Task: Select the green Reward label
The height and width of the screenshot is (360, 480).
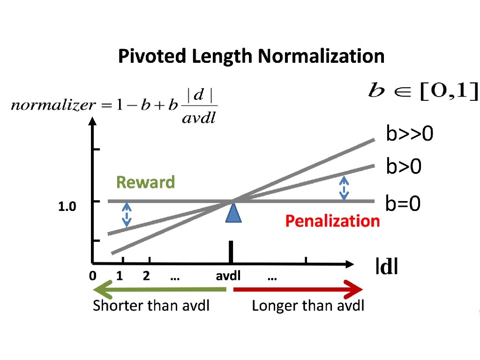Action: coord(145,182)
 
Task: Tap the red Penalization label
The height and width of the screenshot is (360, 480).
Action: coord(332,221)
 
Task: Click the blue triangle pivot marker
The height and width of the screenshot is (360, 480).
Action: coord(233,212)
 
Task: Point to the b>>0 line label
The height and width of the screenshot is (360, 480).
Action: coord(410,135)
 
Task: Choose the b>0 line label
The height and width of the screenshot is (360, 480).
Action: coord(404,166)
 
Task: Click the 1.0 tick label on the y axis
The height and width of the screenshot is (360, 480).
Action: coord(67,207)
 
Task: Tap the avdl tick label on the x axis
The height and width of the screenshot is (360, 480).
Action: coord(228,276)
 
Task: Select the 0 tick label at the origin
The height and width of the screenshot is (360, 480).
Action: coord(93,276)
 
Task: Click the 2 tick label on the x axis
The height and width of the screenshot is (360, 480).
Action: coord(146,276)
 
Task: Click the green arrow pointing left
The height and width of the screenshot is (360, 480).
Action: coord(159,289)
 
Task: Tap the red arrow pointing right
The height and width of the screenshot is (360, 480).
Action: coord(298,289)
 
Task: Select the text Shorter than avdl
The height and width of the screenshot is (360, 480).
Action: coord(151,306)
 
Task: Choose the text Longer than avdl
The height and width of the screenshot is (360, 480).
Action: coord(308,306)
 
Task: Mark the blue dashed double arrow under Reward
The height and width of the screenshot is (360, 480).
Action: coord(127,215)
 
